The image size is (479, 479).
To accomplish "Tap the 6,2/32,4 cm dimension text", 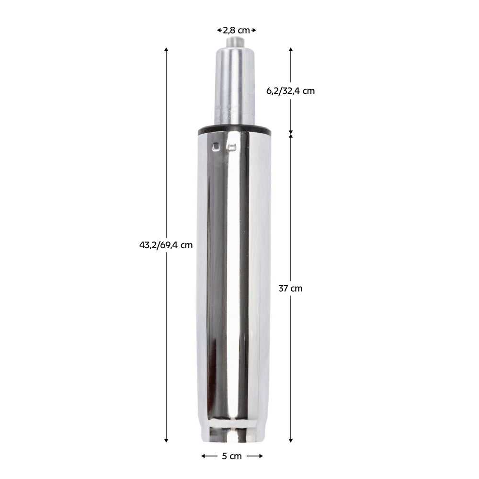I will tap(290, 91).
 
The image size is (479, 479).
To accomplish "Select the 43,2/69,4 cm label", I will tap(166, 245).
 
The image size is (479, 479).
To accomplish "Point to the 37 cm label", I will tap(290, 288).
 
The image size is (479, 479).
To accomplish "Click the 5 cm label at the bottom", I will tap(232, 456).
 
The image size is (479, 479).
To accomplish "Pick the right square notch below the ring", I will tap(232, 147).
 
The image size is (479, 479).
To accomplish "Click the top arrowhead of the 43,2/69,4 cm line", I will tap(166, 50).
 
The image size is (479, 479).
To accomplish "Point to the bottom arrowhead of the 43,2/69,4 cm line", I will tap(166, 441).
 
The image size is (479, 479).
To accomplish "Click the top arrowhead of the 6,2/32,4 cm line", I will tap(291, 50).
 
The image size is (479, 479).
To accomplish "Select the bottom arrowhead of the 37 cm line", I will tap(291, 441).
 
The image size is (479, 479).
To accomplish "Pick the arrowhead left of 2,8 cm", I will tap(219, 30).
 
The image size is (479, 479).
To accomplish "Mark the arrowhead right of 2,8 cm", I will tap(254, 30).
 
